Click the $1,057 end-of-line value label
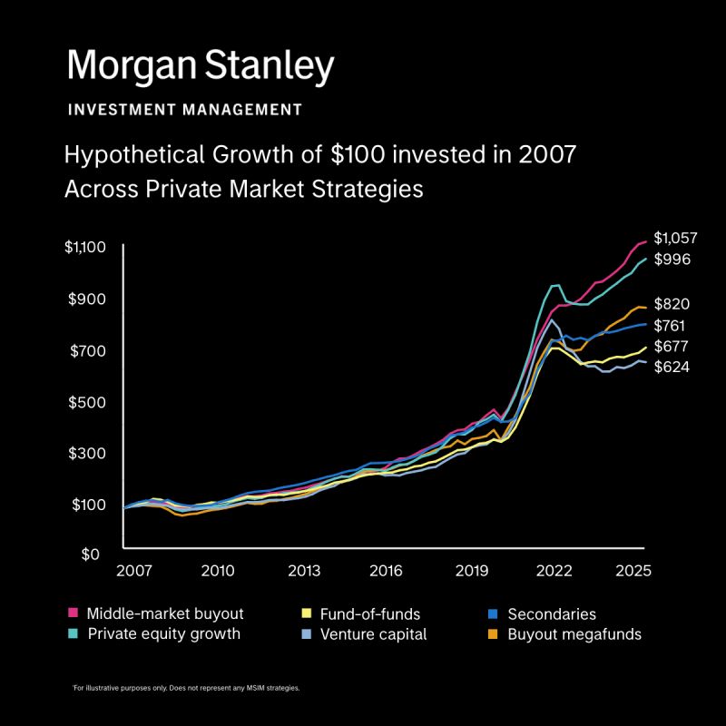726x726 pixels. point(675,238)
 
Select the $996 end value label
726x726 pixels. point(672,260)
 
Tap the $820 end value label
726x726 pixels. point(672,304)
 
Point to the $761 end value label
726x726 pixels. point(672,325)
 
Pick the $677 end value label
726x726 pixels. point(672,346)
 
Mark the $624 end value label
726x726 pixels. point(672,368)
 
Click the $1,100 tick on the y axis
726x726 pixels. point(85,248)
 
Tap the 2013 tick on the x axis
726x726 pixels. point(304,571)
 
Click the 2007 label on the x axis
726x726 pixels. point(133,571)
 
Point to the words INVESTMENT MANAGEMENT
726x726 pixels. point(185,110)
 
